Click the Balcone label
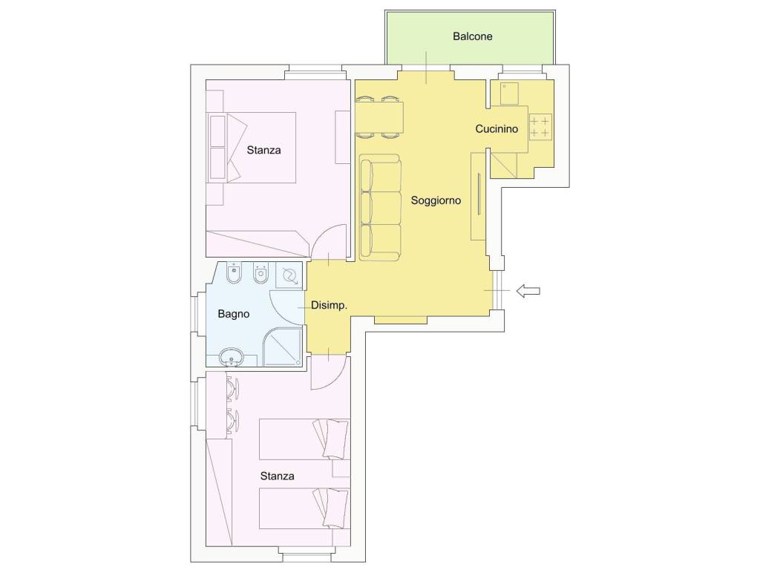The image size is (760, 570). pyautogui.click(x=473, y=36)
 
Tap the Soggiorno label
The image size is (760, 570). pyautogui.click(x=436, y=200)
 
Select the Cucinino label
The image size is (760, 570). pyautogui.click(x=497, y=129)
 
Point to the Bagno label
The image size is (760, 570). pyautogui.click(x=234, y=314)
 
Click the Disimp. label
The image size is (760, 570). pyautogui.click(x=329, y=305)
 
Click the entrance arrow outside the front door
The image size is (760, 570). pyautogui.click(x=528, y=291)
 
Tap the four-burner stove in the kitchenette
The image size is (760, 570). pyautogui.click(x=540, y=127)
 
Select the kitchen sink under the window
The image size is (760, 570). pyautogui.click(x=509, y=93)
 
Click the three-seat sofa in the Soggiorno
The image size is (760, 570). pyautogui.click(x=380, y=208)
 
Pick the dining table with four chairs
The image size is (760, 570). pyautogui.click(x=379, y=117)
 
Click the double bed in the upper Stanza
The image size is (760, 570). pyautogui.click(x=252, y=148)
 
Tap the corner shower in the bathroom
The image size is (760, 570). pyautogui.click(x=282, y=347)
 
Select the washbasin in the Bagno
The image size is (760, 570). pyautogui.click(x=232, y=358)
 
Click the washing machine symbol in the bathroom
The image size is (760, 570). pyautogui.click(x=289, y=276)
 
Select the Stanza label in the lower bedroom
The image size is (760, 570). pyautogui.click(x=278, y=476)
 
